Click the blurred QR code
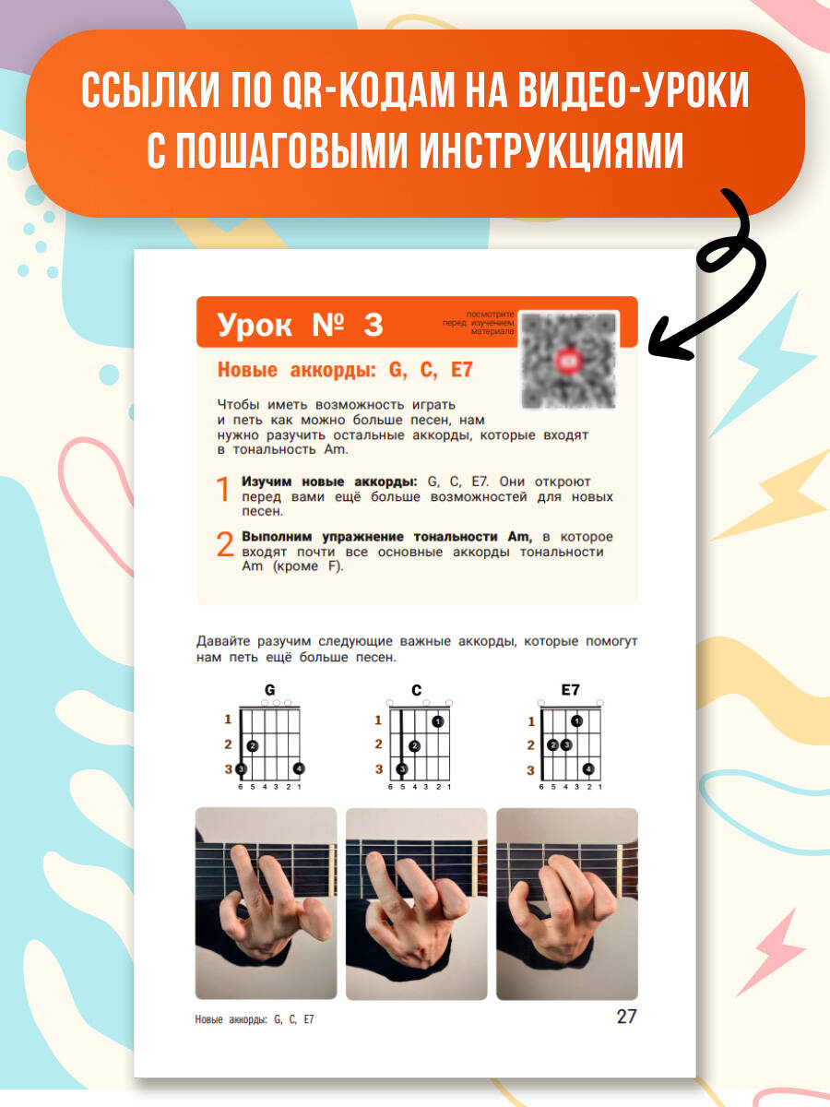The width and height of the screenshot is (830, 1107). (x=568, y=361)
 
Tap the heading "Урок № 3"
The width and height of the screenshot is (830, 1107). (x=300, y=325)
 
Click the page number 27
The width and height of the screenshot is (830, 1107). (x=626, y=1017)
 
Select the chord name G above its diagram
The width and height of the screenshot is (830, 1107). (x=269, y=689)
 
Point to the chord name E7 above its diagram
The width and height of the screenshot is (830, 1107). (x=571, y=689)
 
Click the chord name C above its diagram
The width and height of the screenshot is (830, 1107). (x=416, y=690)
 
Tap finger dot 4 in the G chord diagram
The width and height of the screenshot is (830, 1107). (x=299, y=768)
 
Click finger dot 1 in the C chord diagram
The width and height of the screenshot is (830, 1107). (x=438, y=721)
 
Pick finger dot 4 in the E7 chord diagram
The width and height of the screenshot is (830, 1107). (x=588, y=769)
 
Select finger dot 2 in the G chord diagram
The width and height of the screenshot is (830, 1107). (x=253, y=745)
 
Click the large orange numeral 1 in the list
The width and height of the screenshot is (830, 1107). (x=223, y=489)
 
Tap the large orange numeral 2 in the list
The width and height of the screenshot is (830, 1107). (x=225, y=543)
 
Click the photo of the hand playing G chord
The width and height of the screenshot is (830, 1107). (x=267, y=903)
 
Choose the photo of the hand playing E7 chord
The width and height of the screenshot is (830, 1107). (x=567, y=904)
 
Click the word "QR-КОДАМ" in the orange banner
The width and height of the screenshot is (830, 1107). (x=368, y=90)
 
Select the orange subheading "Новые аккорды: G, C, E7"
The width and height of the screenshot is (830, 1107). (x=345, y=370)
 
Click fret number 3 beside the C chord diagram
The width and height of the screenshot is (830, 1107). (x=379, y=769)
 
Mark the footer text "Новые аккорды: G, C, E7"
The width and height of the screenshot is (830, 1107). (x=255, y=1019)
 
